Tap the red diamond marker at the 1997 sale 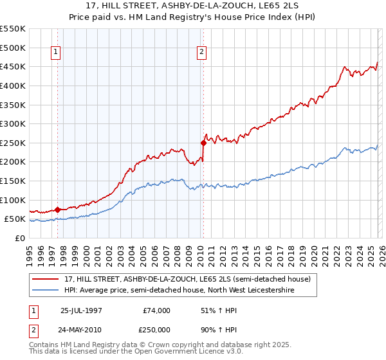58,209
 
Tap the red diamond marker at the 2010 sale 203,143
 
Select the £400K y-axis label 13,85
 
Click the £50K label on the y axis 15,219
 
